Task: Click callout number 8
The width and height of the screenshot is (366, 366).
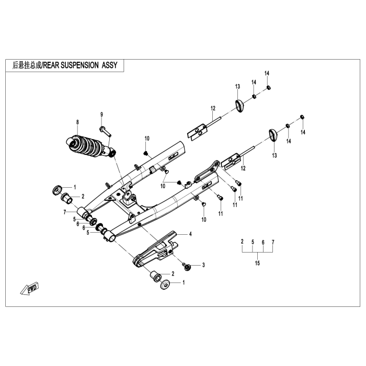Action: pyautogui.click(x=77, y=122)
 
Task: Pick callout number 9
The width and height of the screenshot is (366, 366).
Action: pyautogui.click(x=101, y=115)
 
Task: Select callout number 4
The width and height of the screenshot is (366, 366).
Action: pyautogui.click(x=190, y=234)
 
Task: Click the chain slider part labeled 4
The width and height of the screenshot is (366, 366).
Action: pyautogui.click(x=157, y=249)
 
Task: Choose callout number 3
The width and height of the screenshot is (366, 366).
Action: pyautogui.click(x=204, y=265)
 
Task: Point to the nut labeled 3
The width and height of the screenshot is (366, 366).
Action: pyautogui.click(x=187, y=267)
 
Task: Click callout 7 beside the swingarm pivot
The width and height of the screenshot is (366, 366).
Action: pyautogui.click(x=64, y=211)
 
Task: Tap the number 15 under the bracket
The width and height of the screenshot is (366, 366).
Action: pyautogui.click(x=257, y=264)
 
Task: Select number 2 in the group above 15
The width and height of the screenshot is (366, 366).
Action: pyautogui.click(x=242, y=242)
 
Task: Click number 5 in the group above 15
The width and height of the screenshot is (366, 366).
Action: pyautogui.click(x=253, y=242)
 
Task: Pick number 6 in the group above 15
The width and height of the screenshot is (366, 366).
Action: pyautogui.click(x=263, y=242)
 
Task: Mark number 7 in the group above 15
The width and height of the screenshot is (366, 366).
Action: pyautogui.click(x=273, y=242)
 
